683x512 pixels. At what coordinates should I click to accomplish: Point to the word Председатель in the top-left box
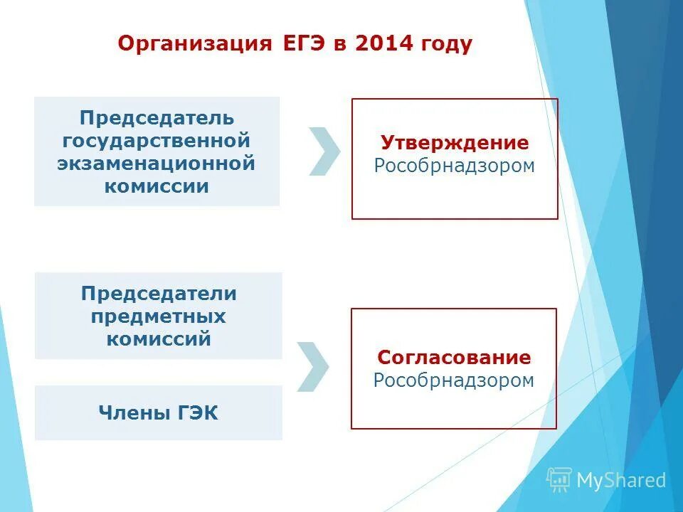pos(157,118)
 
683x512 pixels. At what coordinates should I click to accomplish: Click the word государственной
pos(157,141)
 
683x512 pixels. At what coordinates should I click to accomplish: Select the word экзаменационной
pos(157,164)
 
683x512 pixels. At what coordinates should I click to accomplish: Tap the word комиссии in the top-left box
pos(157,186)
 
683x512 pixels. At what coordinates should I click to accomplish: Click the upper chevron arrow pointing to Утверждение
pos(324,151)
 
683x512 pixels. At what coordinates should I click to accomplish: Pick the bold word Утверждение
pos(455,143)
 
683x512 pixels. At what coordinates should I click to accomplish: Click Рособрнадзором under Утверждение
pos(455,166)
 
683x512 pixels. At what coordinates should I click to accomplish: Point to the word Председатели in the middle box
pos(159,293)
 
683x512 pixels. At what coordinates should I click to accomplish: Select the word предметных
pos(159,316)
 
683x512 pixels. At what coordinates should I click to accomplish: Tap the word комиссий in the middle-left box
pos(159,338)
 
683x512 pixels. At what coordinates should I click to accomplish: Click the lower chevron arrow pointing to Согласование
pos(312,367)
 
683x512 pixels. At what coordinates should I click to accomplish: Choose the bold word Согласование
pos(454,357)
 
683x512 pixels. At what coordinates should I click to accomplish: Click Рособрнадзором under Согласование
pos(454,380)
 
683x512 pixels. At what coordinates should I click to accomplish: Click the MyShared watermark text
pos(620,481)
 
